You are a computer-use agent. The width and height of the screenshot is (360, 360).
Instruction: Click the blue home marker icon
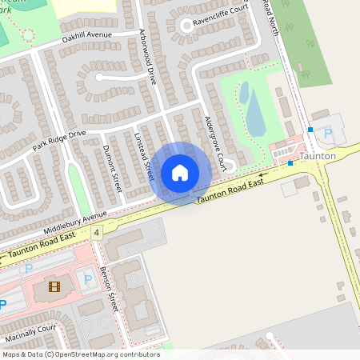coord(180,173)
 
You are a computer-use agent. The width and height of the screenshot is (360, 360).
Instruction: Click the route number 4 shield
coord(97,233)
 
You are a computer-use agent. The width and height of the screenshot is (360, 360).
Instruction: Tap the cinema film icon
coord(54,286)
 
